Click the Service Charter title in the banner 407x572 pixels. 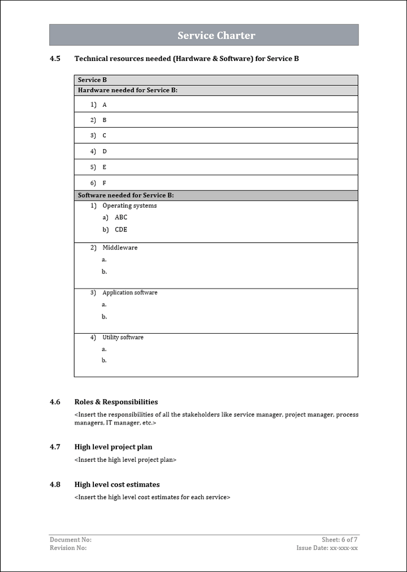[x=216, y=36]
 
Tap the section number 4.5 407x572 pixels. [x=55, y=58]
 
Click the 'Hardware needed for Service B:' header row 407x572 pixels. [x=128, y=90]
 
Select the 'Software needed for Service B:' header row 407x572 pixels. [x=125, y=195]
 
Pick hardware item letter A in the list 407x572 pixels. [x=105, y=105]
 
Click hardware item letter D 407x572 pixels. [x=105, y=151]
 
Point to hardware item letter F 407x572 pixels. [x=105, y=183]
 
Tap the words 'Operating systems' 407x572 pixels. [x=129, y=206]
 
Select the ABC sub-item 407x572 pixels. [x=121, y=217]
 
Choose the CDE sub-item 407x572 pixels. [x=121, y=230]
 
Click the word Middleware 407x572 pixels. [x=120, y=248]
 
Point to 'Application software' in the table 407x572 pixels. [x=130, y=292]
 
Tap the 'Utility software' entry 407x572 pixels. [x=123, y=337]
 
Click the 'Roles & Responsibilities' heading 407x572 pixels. [x=116, y=402]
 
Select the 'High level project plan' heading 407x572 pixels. [x=113, y=447]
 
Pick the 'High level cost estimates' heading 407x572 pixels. [x=117, y=484]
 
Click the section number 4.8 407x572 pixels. [x=55, y=484]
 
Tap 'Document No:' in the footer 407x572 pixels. [x=71, y=540]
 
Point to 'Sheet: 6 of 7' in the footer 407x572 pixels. [x=339, y=540]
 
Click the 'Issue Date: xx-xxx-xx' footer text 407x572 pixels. [x=327, y=548]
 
